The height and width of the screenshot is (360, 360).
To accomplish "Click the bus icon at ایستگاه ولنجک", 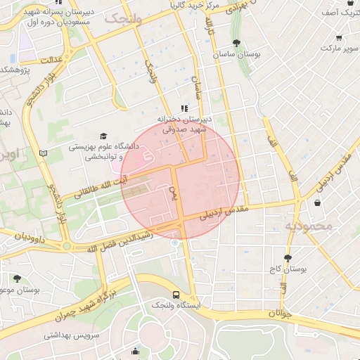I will (x=176, y=295).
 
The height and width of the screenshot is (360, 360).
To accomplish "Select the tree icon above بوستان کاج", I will (x=287, y=258).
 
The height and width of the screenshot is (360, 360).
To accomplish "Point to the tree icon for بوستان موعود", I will (x=17, y=278).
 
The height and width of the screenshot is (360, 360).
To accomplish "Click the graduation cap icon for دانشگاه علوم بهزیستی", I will (x=104, y=136).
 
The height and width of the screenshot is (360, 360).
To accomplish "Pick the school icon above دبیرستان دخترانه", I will (x=184, y=108).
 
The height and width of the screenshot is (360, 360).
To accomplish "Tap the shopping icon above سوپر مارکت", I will (x=340, y=38).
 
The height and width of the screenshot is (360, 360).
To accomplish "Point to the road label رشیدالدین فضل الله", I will (x=122, y=240).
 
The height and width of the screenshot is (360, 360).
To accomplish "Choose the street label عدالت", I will (x=53, y=60).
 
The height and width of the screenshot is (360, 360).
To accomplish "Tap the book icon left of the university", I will (x=44, y=153).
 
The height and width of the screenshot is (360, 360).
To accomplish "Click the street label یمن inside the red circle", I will (x=175, y=191).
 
